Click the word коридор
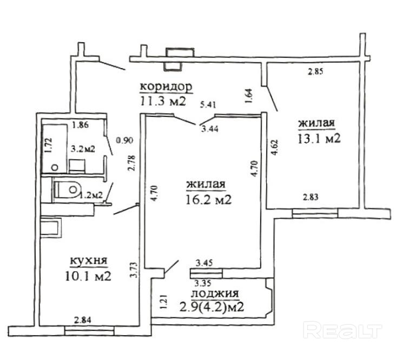(166, 87)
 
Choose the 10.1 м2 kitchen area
(87, 277)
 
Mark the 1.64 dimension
(248, 96)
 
